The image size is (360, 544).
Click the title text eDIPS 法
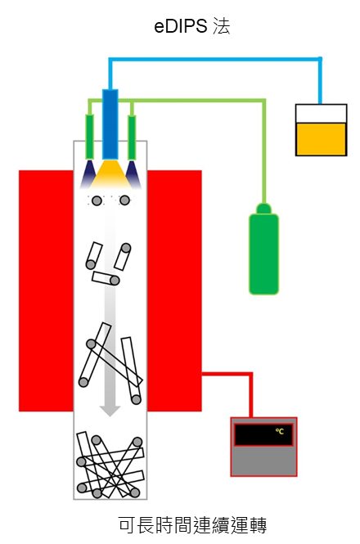tap(192, 26)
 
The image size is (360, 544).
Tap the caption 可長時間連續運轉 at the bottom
tap(192, 525)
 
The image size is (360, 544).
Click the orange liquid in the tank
tap(321, 139)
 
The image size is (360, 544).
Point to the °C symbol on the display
tap(280, 431)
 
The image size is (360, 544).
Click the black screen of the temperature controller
tap(263, 434)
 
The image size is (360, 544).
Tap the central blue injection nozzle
tap(110, 124)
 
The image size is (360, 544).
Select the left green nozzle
tap(89, 137)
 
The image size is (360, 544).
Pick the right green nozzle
tap(132, 137)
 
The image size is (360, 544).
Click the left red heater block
tap(46, 290)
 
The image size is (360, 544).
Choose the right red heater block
tap(174, 290)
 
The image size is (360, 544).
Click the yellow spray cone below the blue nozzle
tap(110, 174)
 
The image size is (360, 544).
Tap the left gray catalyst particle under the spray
tap(97, 200)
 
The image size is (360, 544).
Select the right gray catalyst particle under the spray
tap(124, 200)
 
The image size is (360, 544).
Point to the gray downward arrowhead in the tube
tap(110, 411)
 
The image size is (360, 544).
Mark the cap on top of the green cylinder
tap(263, 209)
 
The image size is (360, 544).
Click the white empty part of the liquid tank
tap(321, 114)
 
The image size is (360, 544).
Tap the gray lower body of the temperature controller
tap(263, 461)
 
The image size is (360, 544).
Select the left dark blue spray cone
tap(88, 174)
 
